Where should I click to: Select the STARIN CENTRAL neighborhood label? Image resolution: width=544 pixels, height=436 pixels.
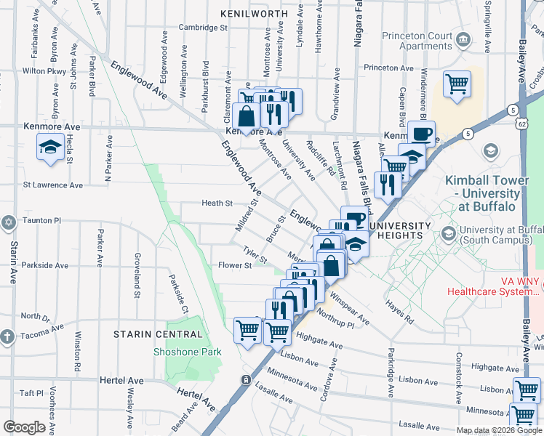click(x=158, y=334)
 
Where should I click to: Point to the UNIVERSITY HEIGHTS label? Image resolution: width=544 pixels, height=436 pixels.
click(x=406, y=230)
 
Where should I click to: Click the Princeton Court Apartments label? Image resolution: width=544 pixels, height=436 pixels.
click(x=412, y=41)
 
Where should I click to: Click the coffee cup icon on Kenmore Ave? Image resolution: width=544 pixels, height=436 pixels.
click(x=421, y=134)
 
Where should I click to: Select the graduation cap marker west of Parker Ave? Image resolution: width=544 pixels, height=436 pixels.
click(x=49, y=148)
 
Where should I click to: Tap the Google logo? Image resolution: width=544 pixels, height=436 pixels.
click(x=25, y=427)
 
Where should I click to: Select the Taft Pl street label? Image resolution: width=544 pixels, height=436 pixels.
click(x=32, y=393)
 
